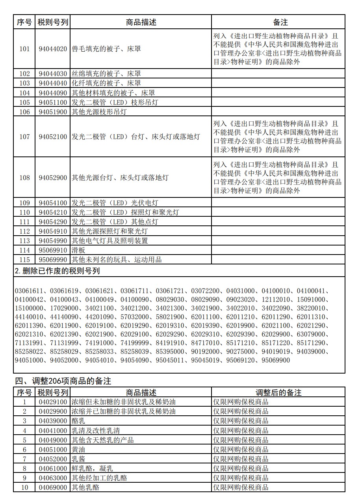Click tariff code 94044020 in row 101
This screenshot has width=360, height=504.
coord(53,49)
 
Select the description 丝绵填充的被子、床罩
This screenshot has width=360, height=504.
coord(106,74)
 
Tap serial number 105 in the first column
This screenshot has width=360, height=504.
coord(24,102)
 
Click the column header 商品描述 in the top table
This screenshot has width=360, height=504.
coord(141,22)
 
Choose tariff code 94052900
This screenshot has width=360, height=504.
coord(53,178)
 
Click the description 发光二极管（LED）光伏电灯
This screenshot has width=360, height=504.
coord(115,203)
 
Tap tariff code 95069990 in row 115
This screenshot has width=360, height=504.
coord(53,260)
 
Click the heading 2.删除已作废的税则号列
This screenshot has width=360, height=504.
coord(57,271)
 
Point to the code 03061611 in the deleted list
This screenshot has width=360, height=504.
coord(29,291)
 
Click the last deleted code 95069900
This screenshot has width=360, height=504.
coord(276,360)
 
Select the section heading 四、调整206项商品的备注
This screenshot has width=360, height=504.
coord(63,381)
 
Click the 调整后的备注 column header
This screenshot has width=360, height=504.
coord(278,392)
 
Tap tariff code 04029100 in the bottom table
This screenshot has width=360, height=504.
coord(53,402)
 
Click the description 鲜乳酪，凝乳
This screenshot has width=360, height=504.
coord(92,469)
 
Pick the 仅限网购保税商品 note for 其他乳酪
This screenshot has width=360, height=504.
coord(241,487)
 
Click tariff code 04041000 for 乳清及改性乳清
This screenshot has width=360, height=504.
coord(53,431)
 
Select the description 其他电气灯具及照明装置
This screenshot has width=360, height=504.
coord(109,241)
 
